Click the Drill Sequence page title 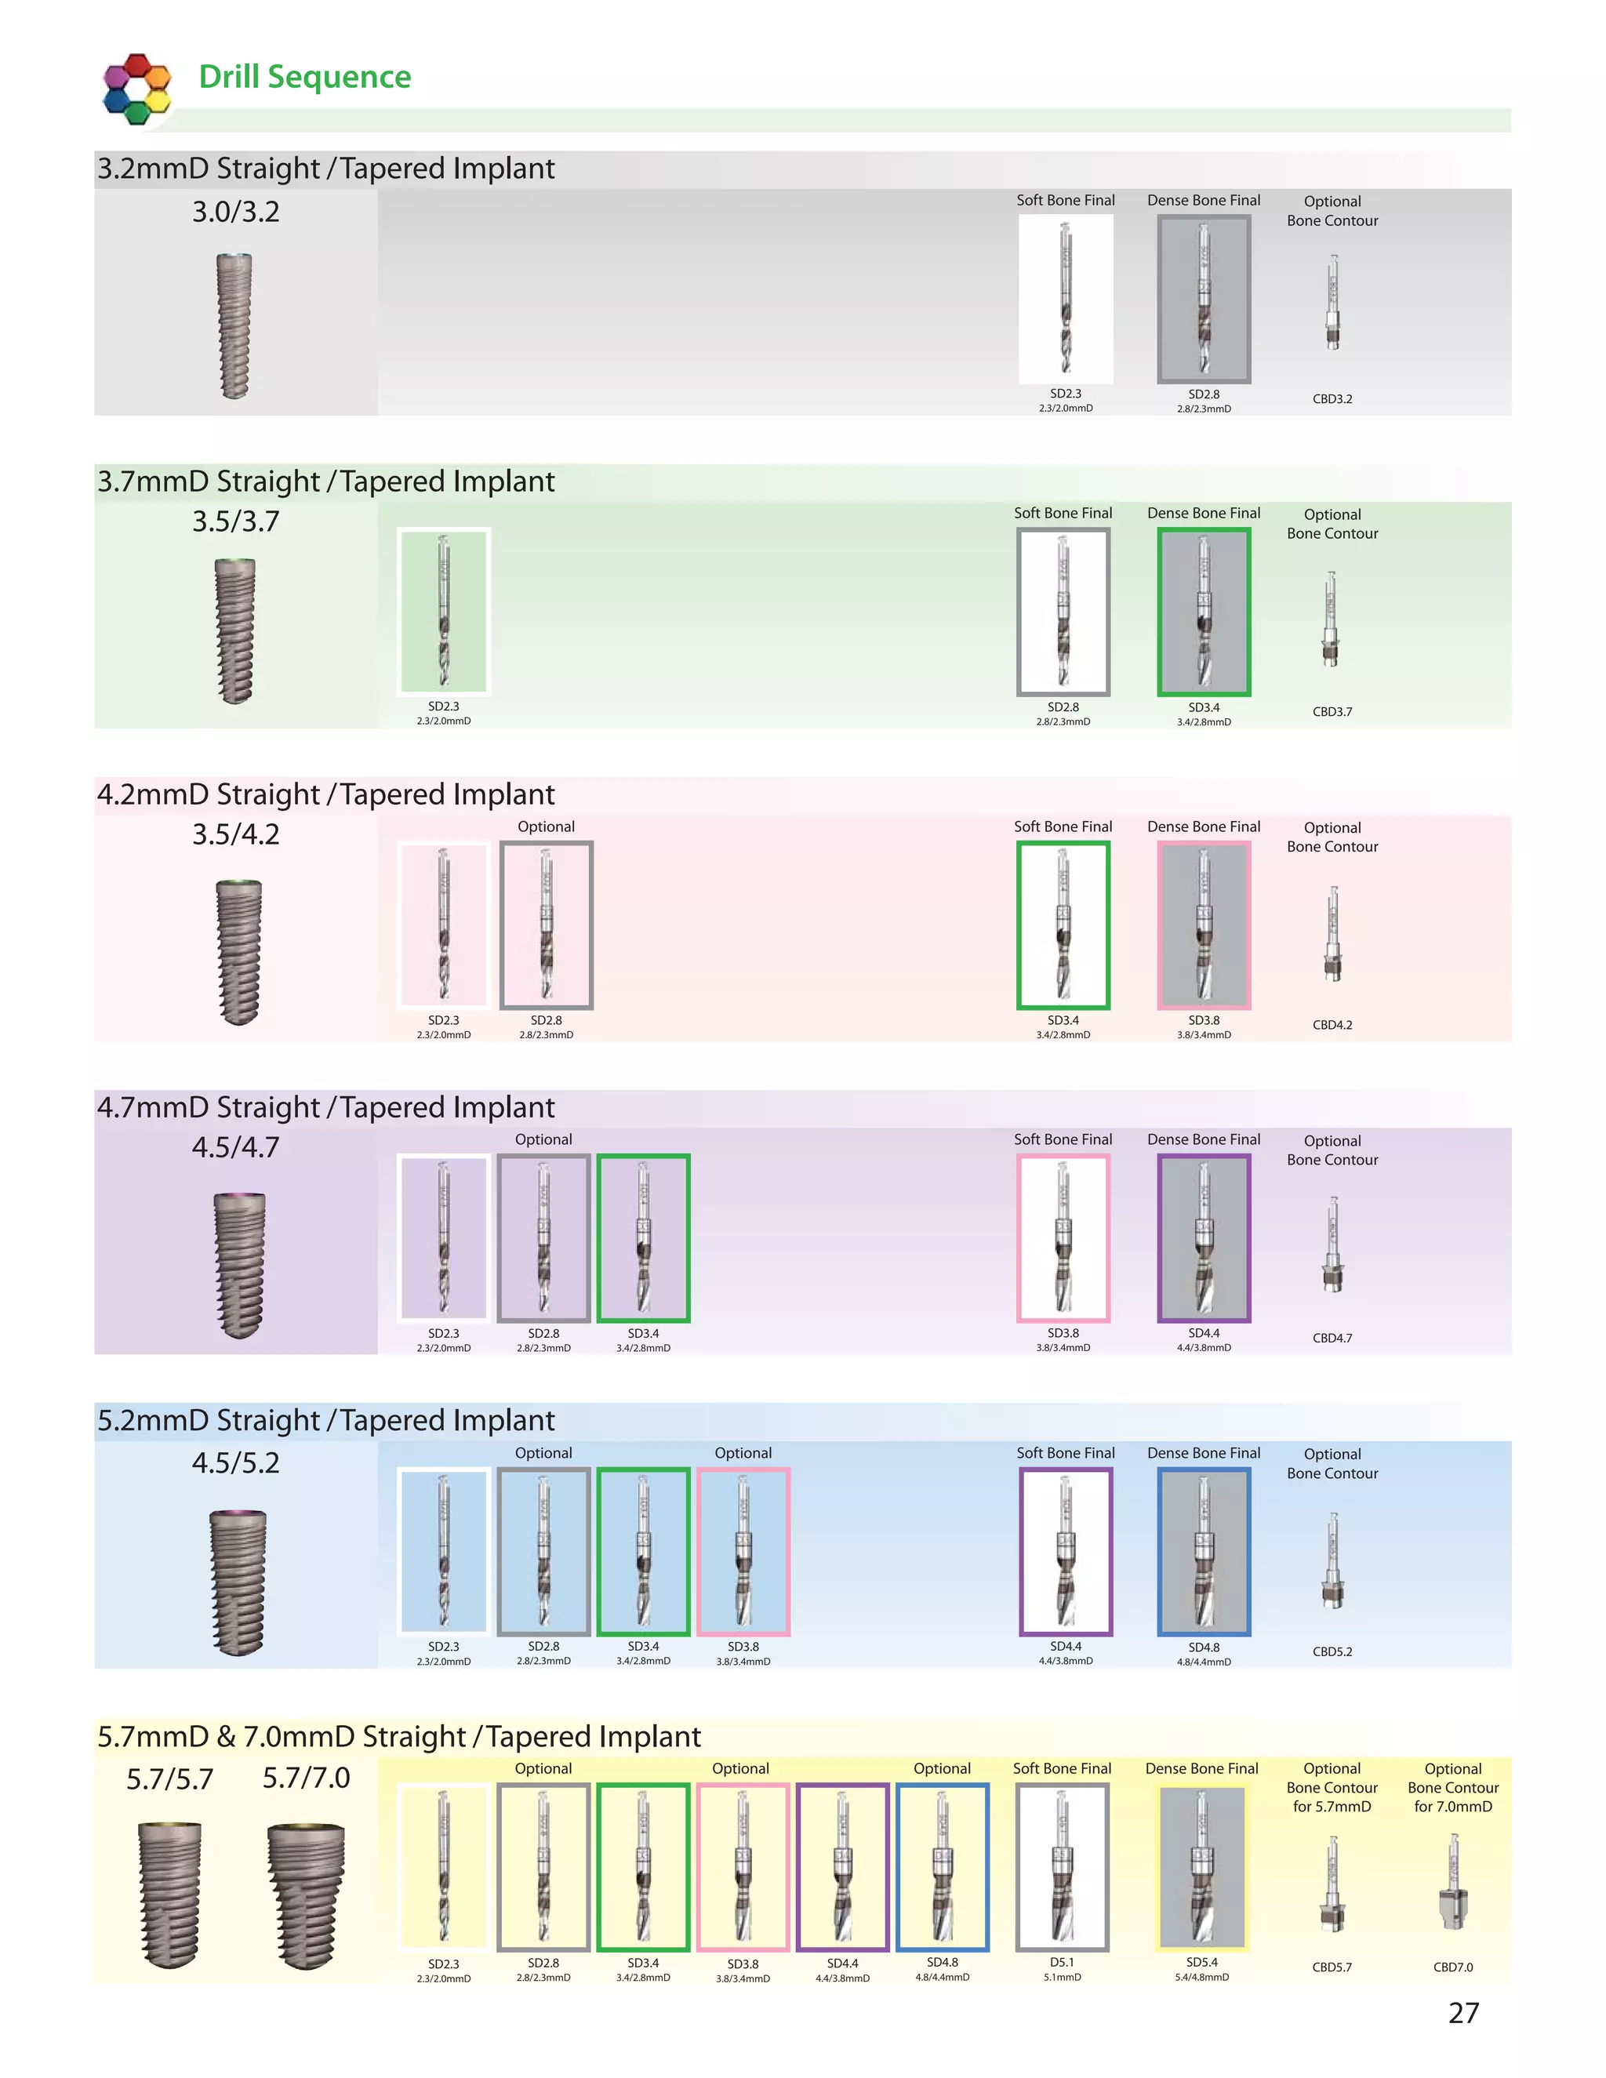coord(304,77)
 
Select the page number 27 coord(1463,2012)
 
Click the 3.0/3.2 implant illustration coord(234,325)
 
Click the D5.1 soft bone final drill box coord(1062,1867)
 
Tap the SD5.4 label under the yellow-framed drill coord(1201,1962)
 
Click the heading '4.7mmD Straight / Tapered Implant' coord(325,1107)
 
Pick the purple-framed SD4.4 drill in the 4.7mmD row coord(1204,1238)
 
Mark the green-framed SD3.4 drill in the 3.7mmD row coord(1204,612)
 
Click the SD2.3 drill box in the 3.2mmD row coord(1066,299)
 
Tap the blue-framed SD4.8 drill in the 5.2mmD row coord(1204,1552)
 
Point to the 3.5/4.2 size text coord(236,834)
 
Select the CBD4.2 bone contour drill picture coord(1332,935)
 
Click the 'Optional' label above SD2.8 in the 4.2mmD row coord(546,826)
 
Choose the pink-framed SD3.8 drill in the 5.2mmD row coord(743,1552)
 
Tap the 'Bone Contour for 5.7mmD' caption coord(1332,1796)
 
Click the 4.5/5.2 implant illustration coord(237,1582)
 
